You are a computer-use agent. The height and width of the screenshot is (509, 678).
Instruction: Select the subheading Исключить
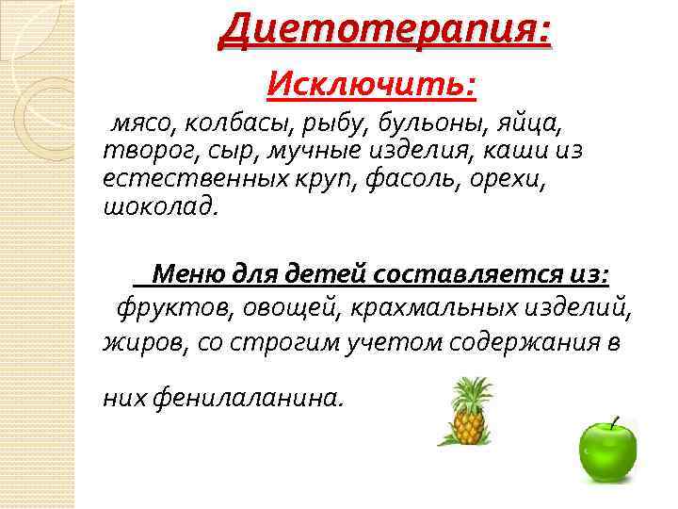tap(372, 86)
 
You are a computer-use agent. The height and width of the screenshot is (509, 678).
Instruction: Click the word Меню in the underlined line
tap(187, 274)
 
